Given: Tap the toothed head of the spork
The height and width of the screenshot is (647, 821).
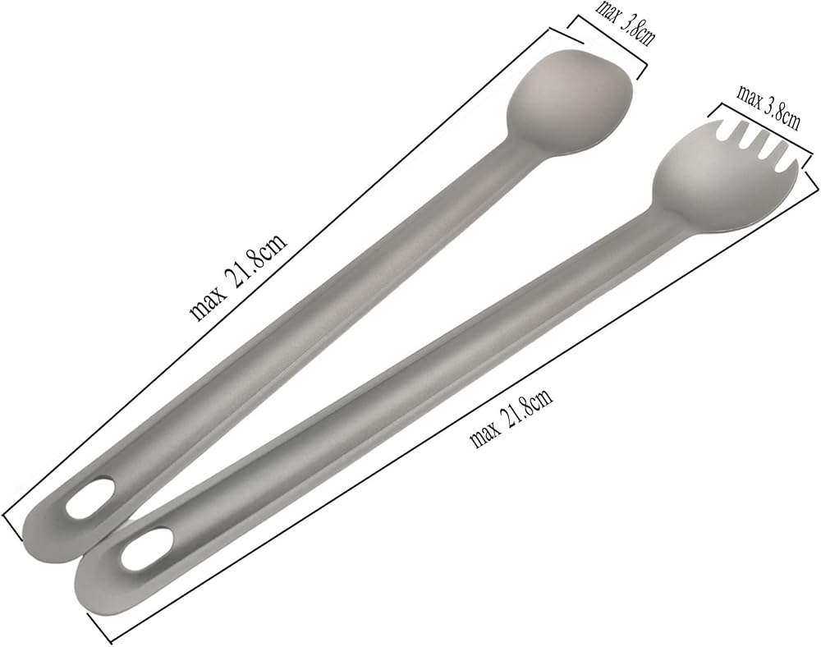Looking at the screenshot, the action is click(x=725, y=172).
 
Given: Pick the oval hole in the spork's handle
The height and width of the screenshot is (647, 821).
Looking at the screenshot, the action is click(x=147, y=548).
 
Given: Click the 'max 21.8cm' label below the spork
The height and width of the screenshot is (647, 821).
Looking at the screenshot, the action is click(x=511, y=418).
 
